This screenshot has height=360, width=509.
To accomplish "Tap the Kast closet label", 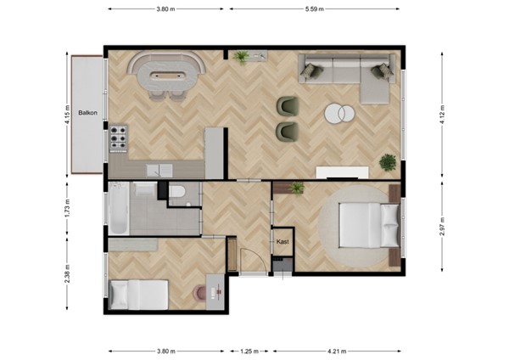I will click(x=282, y=242).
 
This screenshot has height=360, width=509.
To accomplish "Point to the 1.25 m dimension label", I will click(x=249, y=351).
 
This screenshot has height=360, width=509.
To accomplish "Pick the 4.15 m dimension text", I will click(x=66, y=114).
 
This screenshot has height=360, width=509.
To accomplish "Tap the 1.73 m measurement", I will click(x=66, y=209).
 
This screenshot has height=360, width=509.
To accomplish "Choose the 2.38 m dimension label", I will click(x=66, y=276).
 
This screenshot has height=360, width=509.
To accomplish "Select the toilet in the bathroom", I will click(x=177, y=194).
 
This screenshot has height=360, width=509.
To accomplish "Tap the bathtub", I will click(x=119, y=209).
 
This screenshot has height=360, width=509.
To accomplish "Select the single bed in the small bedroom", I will click(x=138, y=294).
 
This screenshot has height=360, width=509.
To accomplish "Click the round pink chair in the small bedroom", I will click(x=201, y=293).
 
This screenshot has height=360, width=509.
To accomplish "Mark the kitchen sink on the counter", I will click(x=158, y=171).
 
